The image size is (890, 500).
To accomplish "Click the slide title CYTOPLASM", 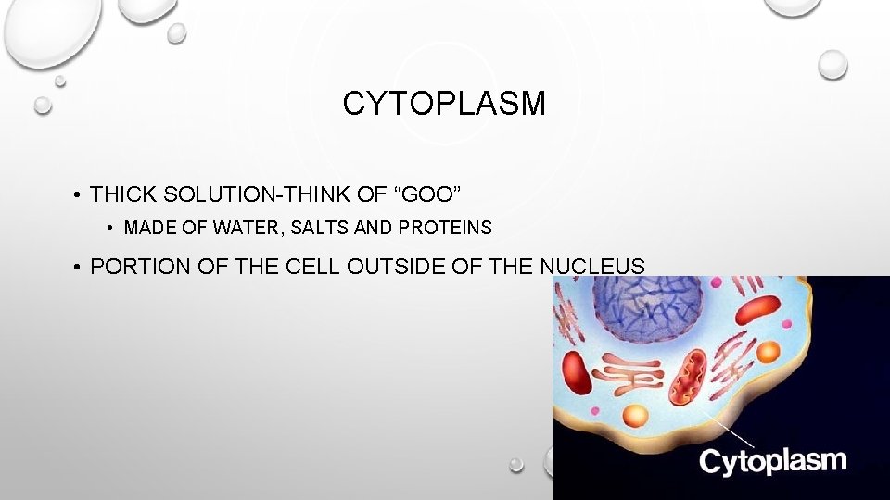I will pos(444,104).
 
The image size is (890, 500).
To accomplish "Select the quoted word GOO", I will pos(429,194).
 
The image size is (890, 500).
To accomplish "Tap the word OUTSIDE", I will pos(409,268).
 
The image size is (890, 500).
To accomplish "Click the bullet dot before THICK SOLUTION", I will pos(80,195).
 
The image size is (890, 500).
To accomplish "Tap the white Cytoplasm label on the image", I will pos(772,460).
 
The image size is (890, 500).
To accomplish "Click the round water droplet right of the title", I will pos(833,64).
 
